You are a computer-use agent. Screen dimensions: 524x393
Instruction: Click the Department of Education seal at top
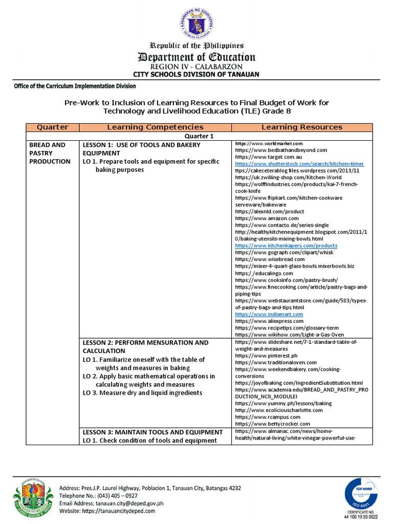[196, 22]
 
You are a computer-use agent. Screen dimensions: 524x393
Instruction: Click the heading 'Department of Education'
[196, 57]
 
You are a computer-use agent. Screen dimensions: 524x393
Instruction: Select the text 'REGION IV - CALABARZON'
[196, 67]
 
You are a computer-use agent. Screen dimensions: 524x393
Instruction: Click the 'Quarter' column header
[50, 127]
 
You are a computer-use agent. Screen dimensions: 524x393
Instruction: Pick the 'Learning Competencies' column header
[155, 127]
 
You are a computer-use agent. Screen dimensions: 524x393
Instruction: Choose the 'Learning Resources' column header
[302, 127]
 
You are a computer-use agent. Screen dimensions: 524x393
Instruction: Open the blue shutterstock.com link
[299, 164]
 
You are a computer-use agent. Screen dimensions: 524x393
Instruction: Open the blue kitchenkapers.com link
[286, 246]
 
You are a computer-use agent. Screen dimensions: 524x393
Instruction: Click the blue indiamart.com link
[269, 314]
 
